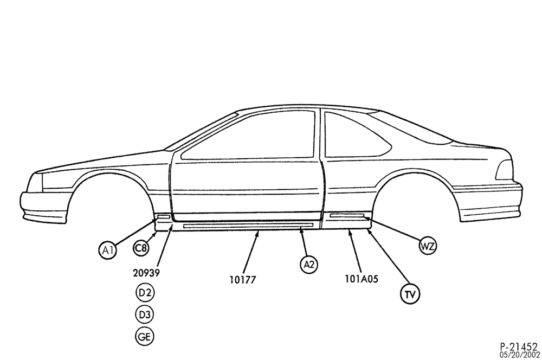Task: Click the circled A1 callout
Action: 107,250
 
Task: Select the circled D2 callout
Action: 145,293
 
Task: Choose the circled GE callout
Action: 145,337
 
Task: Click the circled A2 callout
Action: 309,265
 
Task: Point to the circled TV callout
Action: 410,294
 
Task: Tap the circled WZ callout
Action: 428,246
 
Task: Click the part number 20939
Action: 146,273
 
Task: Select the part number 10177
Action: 243,279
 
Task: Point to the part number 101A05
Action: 362,278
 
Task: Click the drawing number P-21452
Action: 519,346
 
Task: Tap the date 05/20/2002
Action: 519,355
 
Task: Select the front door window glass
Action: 248,135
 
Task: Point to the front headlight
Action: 35,182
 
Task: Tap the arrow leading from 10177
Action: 250,252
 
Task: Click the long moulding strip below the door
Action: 248,226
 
